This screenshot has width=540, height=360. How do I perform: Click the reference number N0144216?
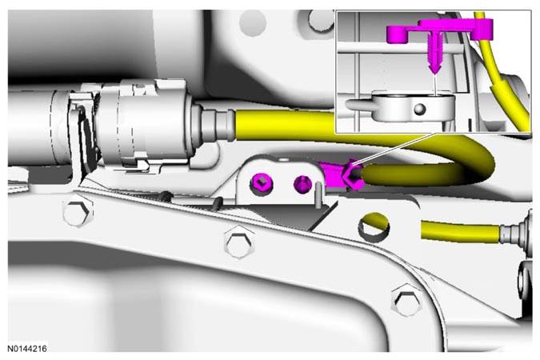click(x=27, y=349)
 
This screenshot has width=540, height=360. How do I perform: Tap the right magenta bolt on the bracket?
click(x=302, y=183)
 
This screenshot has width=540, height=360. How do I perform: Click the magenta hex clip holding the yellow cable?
click(x=351, y=175)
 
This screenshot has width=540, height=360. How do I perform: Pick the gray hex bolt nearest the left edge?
click(x=78, y=213)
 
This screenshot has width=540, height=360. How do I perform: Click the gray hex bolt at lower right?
click(x=406, y=300)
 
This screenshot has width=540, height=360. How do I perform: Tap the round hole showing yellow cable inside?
click(x=374, y=226)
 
